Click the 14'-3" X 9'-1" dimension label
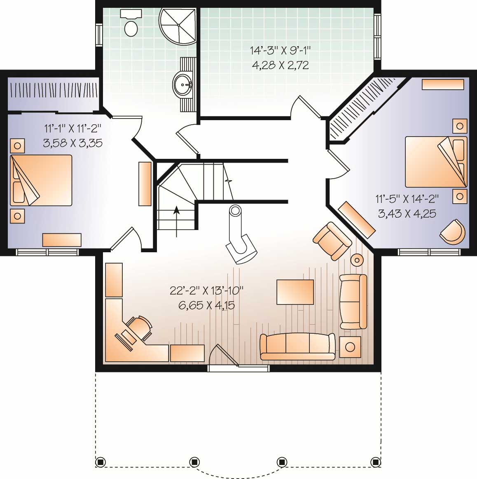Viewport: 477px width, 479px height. coord(280,50)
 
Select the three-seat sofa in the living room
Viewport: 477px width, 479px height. coord(297,346)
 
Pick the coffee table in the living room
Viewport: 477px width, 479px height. coord(295,292)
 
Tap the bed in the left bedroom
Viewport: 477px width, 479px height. coord(41,180)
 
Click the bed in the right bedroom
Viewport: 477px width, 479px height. coord(436,162)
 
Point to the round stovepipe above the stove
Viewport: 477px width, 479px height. coord(235,211)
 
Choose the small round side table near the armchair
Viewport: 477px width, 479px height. coord(357,260)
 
